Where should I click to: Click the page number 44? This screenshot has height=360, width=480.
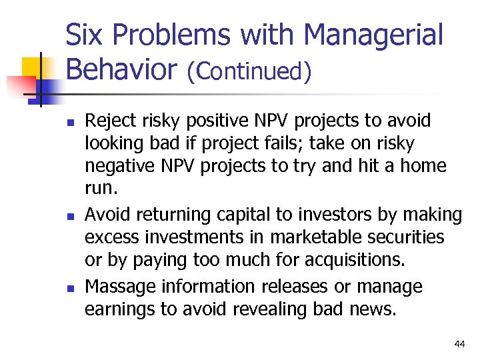(459, 344)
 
